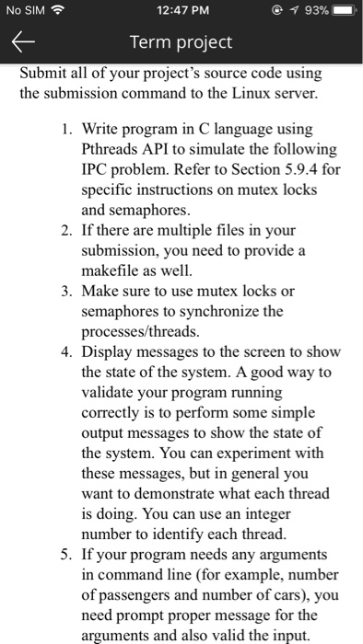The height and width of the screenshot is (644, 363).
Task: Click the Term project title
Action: (x=181, y=42)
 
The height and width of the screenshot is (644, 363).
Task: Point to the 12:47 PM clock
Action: (x=181, y=10)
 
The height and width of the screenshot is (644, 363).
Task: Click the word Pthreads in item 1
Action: (x=111, y=149)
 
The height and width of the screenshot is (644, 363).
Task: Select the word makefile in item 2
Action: (x=111, y=270)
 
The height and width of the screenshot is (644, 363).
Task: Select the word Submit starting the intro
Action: (x=43, y=74)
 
